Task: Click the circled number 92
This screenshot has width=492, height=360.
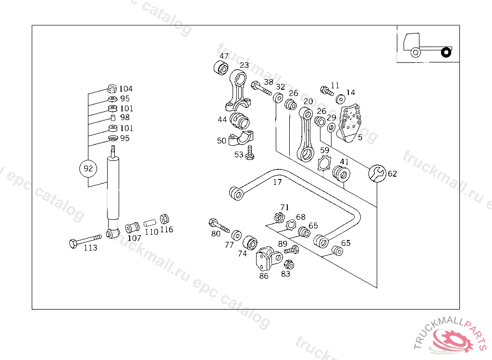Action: tap(88, 168)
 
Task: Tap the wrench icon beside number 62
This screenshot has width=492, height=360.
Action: tap(376, 173)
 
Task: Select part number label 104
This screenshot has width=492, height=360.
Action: tap(126, 89)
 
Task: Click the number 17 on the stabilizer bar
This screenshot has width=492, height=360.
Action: tap(278, 182)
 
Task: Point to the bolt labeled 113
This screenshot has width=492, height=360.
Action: tap(85, 240)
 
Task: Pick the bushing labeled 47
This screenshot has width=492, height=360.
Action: tap(221, 68)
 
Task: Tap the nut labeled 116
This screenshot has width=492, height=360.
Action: tap(163, 219)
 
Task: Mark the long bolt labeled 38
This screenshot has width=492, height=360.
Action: tap(262, 89)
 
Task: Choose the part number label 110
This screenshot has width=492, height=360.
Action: tap(151, 231)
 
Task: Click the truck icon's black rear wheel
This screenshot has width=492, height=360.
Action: tap(446, 51)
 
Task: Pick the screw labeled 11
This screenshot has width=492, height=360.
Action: tap(327, 90)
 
